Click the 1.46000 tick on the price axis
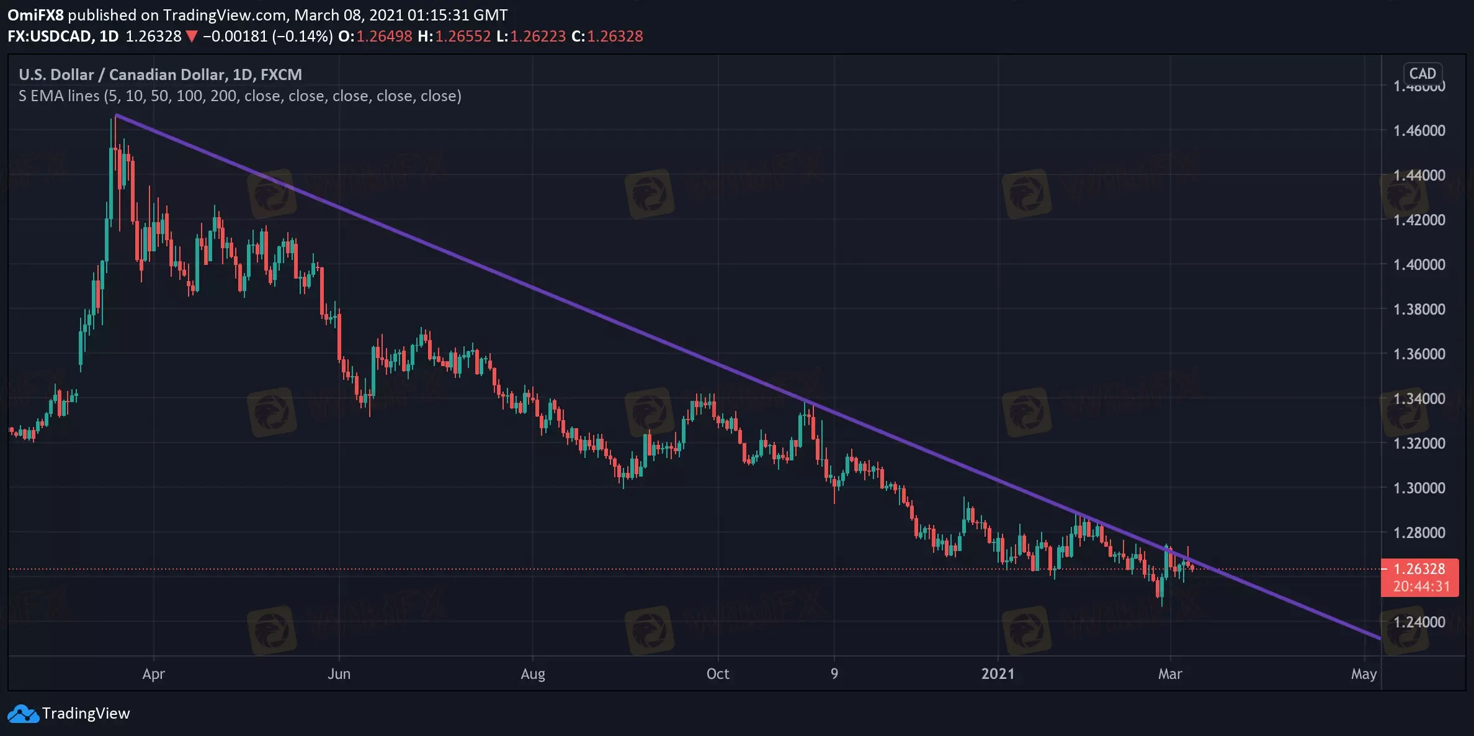click(1419, 130)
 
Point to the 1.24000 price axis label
click(1419, 622)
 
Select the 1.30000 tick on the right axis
click(1419, 488)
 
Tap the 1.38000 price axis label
click(1419, 309)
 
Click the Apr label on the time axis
click(153, 674)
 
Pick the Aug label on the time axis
click(533, 674)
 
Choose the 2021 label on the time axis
click(998, 674)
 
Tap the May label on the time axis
click(1364, 674)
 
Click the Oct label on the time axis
click(718, 674)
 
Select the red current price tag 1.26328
click(1419, 569)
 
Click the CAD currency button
click(1423, 74)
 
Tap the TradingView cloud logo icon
click(23, 714)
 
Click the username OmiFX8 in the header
click(35, 15)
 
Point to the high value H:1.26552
click(454, 37)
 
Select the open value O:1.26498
click(375, 37)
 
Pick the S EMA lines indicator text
click(239, 96)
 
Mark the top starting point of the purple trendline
click(117, 115)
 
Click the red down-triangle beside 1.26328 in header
click(192, 37)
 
